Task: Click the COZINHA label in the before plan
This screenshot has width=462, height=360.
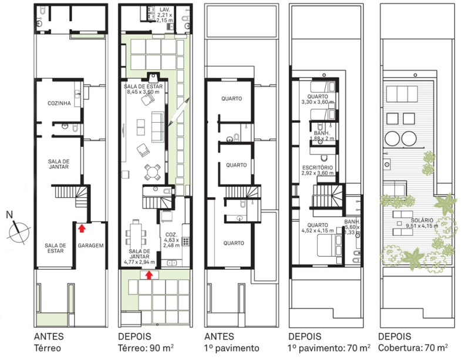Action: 59,103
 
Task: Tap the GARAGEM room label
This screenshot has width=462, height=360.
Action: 91,245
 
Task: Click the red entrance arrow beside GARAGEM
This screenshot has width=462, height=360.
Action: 82,228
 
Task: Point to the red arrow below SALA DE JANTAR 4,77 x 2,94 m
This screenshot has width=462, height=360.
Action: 149,275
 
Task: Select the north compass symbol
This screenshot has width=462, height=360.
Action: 19,230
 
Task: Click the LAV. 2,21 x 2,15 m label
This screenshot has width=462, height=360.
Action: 165,15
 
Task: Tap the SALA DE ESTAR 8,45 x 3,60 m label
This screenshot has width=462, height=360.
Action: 143,89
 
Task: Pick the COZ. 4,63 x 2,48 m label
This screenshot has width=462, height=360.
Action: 171,240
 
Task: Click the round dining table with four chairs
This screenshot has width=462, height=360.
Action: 152,172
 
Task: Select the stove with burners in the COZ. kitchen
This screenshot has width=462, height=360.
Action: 186,241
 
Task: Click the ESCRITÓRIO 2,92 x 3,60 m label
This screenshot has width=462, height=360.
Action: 318,170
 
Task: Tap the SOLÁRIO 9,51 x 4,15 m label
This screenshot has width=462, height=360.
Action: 422,223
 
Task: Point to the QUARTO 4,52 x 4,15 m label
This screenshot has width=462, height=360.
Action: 318,228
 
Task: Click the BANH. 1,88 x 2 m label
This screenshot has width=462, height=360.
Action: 322,136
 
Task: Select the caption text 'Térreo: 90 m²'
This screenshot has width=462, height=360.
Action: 146,348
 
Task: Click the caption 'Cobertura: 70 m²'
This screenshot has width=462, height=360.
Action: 413,348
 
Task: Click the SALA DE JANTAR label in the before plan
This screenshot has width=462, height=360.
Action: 59,164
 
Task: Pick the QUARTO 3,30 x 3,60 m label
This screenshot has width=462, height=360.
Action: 318,99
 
